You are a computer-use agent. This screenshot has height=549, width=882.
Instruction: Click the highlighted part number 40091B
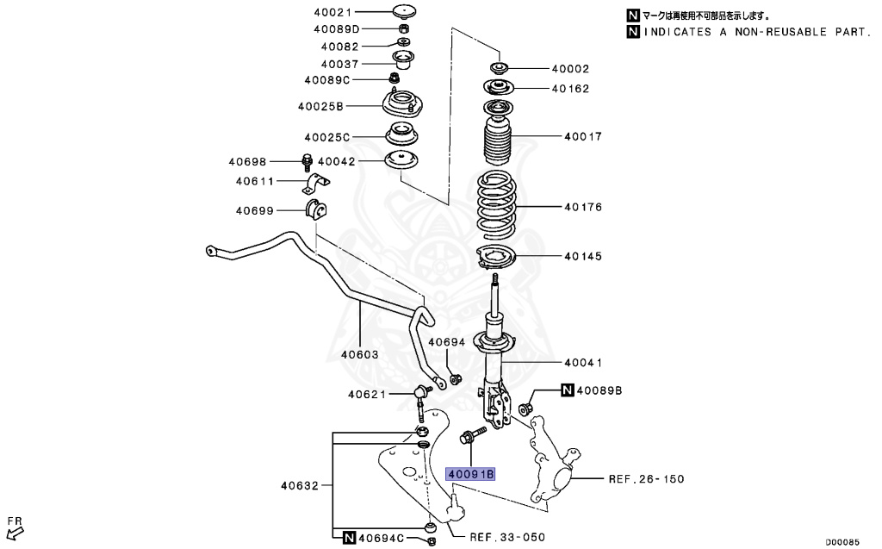[470, 474]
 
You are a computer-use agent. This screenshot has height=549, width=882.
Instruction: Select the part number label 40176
[583, 208]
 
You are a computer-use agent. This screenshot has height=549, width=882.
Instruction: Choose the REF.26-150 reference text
[646, 479]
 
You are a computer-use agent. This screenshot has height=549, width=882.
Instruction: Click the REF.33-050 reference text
[507, 537]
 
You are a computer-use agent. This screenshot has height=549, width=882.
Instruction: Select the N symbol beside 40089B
[567, 391]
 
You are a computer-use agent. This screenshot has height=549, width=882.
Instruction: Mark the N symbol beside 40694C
[349, 538]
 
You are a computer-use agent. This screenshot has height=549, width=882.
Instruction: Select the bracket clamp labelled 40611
[317, 184]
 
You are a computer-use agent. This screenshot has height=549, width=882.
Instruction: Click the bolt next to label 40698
[307, 162]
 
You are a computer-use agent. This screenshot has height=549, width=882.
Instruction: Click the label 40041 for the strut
[583, 363]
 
